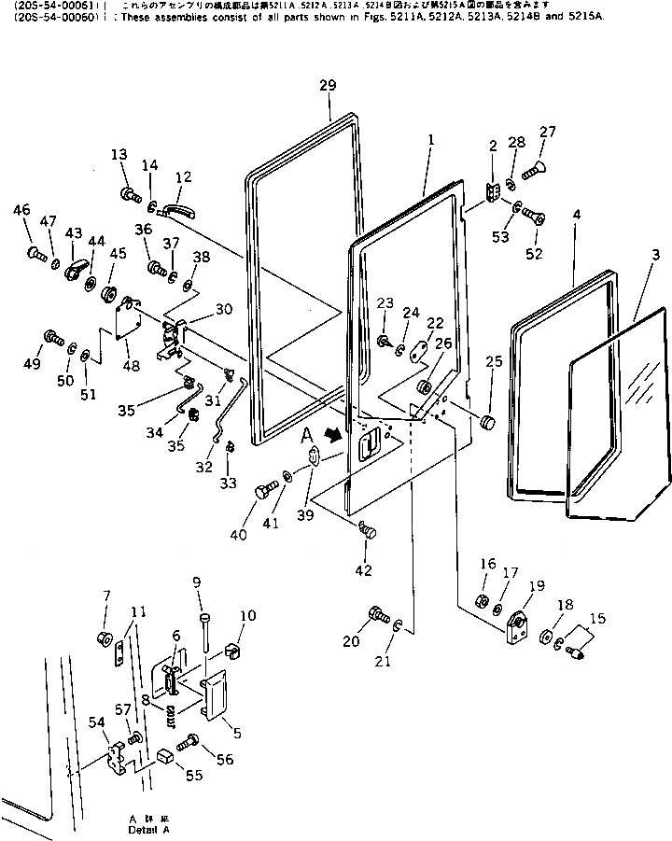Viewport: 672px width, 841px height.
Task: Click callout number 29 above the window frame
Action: click(x=326, y=87)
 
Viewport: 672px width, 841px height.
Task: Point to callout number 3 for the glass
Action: click(x=657, y=255)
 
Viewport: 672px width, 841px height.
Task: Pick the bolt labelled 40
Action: click(x=266, y=490)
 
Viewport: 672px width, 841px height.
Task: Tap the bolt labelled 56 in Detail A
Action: click(x=186, y=743)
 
